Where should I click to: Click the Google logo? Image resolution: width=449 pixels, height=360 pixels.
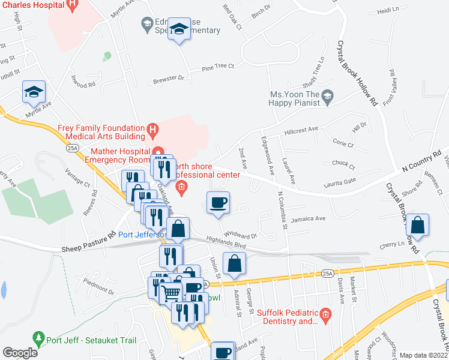pos(20,353)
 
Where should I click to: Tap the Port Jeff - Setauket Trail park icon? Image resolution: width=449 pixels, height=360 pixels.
pos(39,338)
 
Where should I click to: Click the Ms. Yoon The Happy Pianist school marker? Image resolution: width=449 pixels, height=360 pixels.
pos(328,95)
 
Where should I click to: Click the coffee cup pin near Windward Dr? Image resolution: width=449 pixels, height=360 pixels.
pos(218,202)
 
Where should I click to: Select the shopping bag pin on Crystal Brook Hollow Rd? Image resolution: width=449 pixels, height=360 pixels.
pos(418,225)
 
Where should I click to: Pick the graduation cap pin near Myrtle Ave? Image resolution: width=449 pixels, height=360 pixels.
pos(34,91)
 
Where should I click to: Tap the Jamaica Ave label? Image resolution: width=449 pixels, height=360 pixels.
pos(308,219)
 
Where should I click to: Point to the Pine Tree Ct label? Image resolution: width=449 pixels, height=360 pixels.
pos(217,67)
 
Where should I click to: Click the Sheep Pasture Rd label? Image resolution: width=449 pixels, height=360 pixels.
pos(88,241)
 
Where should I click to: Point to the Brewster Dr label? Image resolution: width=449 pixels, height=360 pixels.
pos(168,78)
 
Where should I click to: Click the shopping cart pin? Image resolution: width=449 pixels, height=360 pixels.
pos(172,292)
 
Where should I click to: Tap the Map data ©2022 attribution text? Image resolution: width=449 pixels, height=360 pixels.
pos(424,355)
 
